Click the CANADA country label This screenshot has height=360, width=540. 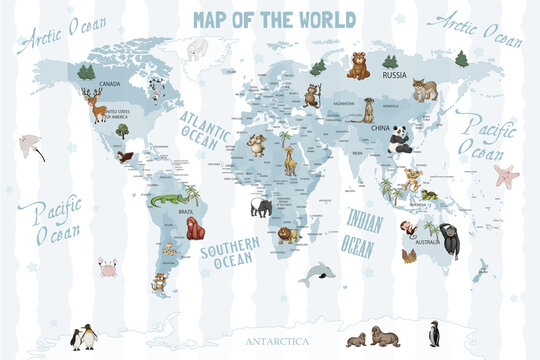tap(110, 83)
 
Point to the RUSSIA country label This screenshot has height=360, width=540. tap(395, 75)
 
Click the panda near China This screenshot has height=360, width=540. tap(401, 141)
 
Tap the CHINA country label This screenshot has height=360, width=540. tap(380, 128)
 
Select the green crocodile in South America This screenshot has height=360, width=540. tap(164, 201)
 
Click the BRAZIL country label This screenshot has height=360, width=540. tap(185, 212)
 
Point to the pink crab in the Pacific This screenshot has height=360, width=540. tap(108, 267)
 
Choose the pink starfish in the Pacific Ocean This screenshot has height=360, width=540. tap(507, 176)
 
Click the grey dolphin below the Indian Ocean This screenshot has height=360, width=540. tap(318, 272)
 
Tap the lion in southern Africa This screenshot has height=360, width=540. tap(287, 235)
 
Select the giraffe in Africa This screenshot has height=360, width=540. tap(290, 159)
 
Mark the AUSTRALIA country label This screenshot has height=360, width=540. tap(429, 241)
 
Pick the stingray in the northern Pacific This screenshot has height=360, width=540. tap(32, 146)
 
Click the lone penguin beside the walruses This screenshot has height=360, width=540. tap(433, 333)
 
